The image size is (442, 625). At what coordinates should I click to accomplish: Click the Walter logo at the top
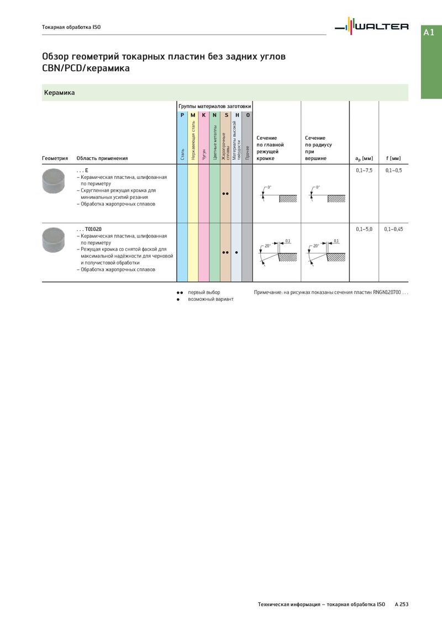(x=374, y=26)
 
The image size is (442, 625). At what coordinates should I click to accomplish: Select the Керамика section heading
(x=60, y=93)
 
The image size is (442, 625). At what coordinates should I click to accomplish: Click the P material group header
(x=182, y=115)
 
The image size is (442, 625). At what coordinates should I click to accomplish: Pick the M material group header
(x=193, y=115)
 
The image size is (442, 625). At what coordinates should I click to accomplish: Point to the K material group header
(x=203, y=115)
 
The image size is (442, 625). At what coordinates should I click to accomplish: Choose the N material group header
(x=214, y=115)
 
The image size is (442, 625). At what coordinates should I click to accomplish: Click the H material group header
(x=236, y=115)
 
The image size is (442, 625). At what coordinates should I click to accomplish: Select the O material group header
(x=248, y=115)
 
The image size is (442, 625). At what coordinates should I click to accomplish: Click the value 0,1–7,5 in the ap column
(x=364, y=171)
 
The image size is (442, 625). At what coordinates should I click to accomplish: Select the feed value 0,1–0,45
(x=393, y=229)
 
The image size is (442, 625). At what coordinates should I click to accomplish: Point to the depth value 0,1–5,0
(x=364, y=229)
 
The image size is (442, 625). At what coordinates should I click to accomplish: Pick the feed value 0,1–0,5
(x=393, y=171)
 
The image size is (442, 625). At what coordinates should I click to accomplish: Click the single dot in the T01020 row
(x=236, y=252)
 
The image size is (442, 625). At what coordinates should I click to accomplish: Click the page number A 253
(x=401, y=605)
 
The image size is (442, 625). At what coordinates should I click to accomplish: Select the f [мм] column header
(x=393, y=159)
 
